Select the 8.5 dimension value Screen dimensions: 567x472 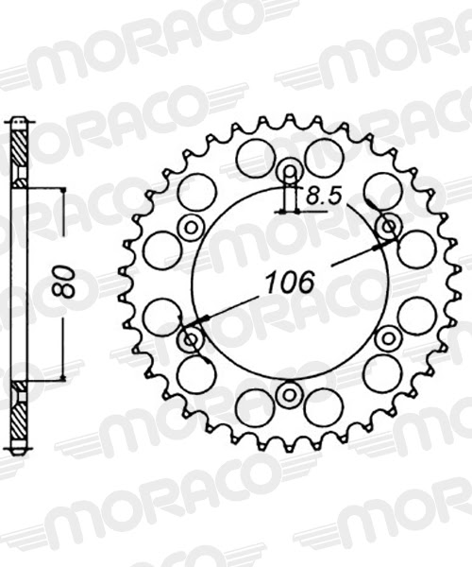coord(323,198)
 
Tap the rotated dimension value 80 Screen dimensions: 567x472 coord(64,283)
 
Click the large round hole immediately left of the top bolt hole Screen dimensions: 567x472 coord(254,158)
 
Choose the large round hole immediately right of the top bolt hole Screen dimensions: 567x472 coord(325,157)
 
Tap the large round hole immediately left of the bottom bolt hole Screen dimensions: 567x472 coord(254,407)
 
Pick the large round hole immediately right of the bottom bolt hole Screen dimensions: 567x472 coord(324,407)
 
